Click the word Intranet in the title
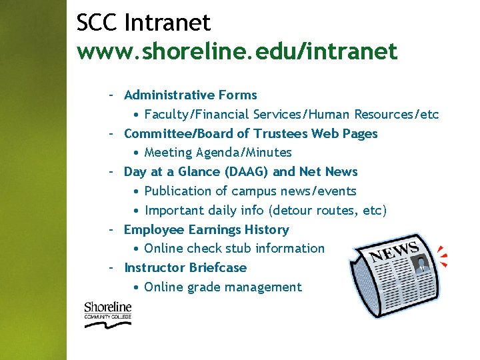[167, 23]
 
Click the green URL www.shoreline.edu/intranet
[237, 50]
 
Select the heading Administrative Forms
[190, 95]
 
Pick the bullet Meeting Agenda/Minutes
[218, 153]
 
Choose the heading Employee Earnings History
[206, 230]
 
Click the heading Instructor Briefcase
[185, 268]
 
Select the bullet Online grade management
[223, 287]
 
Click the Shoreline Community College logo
[107, 314]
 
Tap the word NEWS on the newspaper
[395, 252]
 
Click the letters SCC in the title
[97, 23]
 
